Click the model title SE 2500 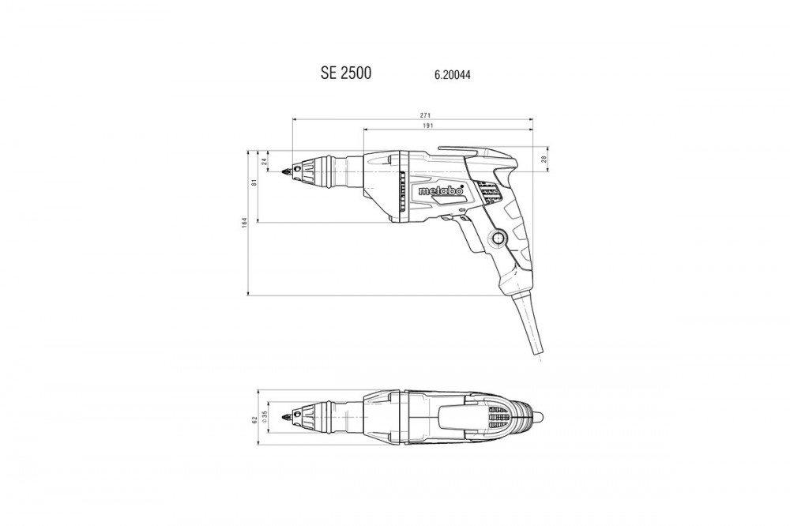pos(346,73)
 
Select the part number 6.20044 pos(453,76)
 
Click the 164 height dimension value pos(244,222)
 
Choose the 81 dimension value pos(254,182)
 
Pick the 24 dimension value pos(264,162)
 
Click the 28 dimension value pos(544,160)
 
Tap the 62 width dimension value pos(254,419)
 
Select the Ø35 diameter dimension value pos(264,417)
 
